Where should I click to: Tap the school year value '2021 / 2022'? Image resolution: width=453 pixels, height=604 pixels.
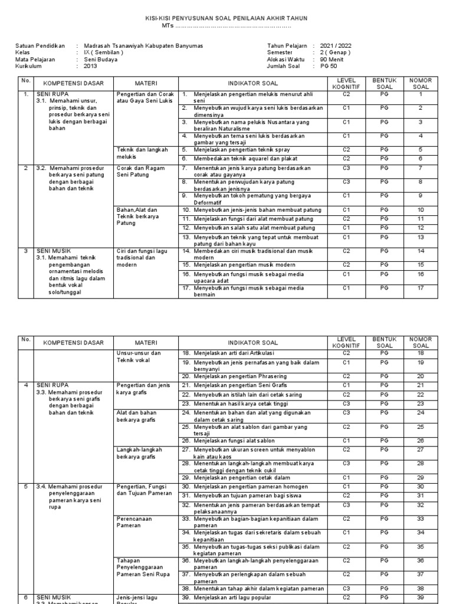coord(336,45)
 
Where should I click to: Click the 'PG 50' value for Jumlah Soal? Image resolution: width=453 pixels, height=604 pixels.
coord(330,66)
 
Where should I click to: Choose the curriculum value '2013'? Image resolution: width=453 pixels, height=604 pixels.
coord(90,66)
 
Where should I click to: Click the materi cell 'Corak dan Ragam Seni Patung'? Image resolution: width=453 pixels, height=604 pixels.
coord(139,171)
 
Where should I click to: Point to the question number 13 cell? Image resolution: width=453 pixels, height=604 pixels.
coord(421,237)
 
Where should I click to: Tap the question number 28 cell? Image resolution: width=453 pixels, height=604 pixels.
coord(421,464)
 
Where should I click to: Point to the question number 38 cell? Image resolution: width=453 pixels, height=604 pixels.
coord(421,588)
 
